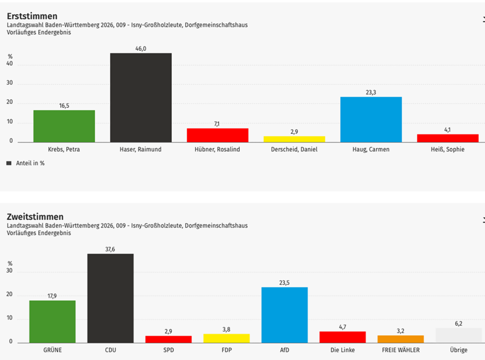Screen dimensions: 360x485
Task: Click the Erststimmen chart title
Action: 32,17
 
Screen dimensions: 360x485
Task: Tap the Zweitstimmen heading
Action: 35,217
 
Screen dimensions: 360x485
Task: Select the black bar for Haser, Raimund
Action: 141,98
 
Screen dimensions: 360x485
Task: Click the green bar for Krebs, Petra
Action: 64,126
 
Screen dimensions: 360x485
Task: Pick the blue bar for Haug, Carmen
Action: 371,119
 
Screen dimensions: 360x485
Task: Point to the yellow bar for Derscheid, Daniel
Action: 294,139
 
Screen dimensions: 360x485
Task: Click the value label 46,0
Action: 141,48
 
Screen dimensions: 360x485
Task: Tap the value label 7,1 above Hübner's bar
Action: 217,124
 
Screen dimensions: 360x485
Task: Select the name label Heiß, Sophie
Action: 448,149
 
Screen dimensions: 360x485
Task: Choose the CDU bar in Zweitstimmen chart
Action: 110,298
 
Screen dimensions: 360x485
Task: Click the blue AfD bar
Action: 285,315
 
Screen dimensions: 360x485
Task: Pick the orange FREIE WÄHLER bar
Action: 401,339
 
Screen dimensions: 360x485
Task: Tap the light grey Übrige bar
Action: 458,335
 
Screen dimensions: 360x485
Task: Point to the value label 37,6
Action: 110,249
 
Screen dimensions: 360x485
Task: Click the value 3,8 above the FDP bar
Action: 226,329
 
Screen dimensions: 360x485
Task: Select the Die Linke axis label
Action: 342,350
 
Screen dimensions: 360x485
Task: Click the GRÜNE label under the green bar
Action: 52,350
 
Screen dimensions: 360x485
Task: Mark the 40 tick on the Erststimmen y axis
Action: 10,65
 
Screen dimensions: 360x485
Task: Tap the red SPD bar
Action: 168,339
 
